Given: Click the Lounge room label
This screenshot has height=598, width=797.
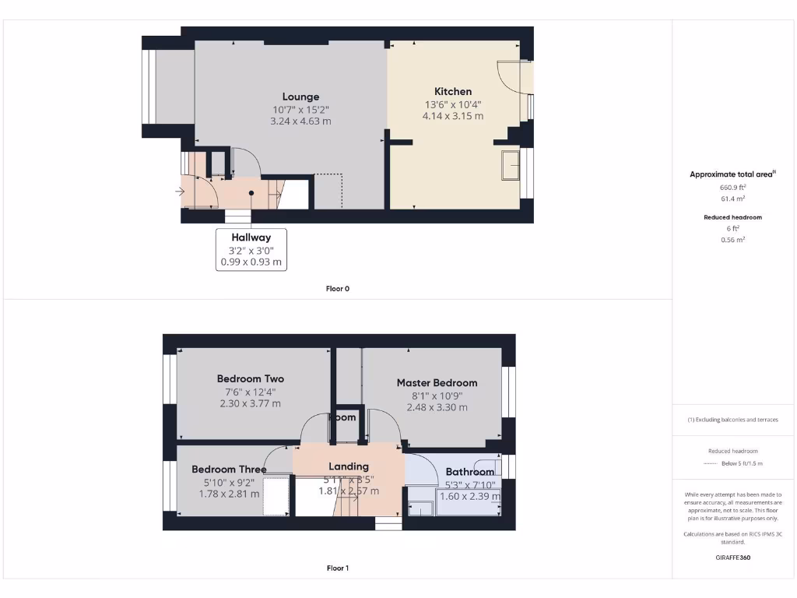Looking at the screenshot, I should tap(300, 97).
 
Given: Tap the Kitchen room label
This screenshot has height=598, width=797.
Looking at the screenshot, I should tap(452, 91).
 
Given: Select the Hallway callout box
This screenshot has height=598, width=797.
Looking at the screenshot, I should tap(251, 249).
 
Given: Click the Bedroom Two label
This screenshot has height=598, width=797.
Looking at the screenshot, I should tap(250, 379).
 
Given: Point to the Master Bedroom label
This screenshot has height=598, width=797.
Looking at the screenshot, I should tap(437, 382).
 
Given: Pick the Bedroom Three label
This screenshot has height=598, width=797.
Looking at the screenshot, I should tap(229, 470).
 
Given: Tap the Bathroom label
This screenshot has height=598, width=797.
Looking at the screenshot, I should tap(469, 472).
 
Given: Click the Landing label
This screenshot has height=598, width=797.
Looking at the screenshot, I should tap(348, 466).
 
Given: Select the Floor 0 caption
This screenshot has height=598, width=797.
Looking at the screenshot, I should tap(337, 289).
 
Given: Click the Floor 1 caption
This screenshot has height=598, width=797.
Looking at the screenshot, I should tap(337, 568).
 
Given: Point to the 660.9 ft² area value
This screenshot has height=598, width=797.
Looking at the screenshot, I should tap(733, 188).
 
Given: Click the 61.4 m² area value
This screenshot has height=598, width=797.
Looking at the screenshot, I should tap(733, 199).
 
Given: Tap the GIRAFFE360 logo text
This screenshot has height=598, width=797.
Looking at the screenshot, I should tap(733, 558).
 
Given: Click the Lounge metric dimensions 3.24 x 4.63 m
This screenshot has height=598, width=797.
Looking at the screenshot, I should tap(300, 121).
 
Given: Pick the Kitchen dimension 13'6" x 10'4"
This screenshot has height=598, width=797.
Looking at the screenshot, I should tap(452, 104).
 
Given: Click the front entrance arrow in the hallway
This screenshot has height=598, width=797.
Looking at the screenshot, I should tap(181, 191).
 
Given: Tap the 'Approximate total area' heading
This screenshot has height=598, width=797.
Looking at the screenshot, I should tap(732, 174).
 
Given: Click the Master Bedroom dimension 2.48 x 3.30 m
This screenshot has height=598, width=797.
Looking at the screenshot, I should tap(437, 407).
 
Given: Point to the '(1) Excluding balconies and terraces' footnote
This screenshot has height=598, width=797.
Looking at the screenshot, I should tap(733, 420).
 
